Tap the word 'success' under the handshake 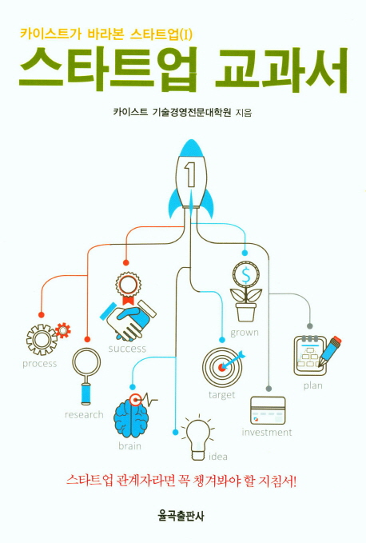(x=127, y=349)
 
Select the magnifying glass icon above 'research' (x=86, y=376)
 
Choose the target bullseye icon (x=222, y=366)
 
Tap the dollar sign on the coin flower (x=245, y=276)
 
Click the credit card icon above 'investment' (x=268, y=410)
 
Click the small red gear (x=62, y=330)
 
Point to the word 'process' (x=39, y=364)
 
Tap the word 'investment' (x=267, y=432)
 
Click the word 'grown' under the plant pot (x=245, y=333)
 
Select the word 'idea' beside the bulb (x=218, y=457)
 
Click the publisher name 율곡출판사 (x=181, y=517)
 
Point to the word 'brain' (x=129, y=446)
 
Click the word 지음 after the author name (x=243, y=113)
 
